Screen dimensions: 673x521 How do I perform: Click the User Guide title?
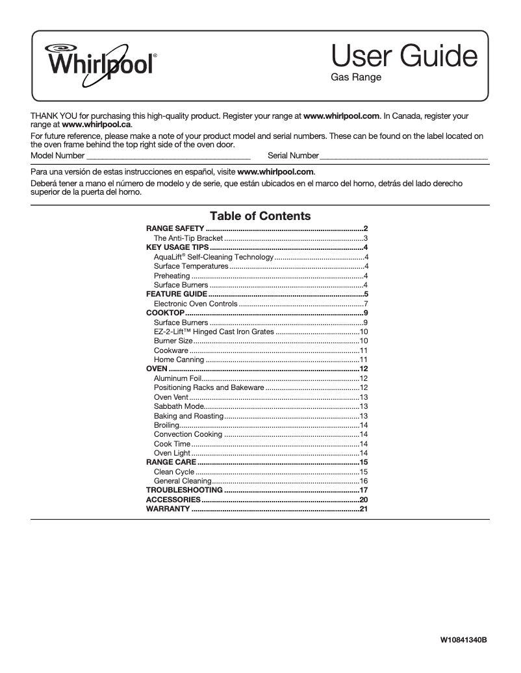click(x=404, y=57)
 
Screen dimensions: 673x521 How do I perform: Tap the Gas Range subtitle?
click(x=355, y=78)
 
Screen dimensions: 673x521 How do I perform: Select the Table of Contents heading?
click(x=260, y=216)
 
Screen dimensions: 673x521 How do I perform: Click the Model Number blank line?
click(x=168, y=156)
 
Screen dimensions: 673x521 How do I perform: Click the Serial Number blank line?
click(x=403, y=156)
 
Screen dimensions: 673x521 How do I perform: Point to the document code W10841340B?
click(x=463, y=640)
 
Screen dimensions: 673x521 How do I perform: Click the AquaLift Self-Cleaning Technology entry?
click(x=214, y=258)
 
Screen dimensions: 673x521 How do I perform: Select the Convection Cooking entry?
click(x=188, y=434)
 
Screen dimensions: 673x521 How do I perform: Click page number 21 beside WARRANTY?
click(x=364, y=509)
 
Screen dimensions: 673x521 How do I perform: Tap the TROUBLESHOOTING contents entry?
click(x=184, y=491)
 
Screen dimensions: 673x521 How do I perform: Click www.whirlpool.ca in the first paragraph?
click(x=96, y=124)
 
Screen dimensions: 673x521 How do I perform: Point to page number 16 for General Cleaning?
click(x=364, y=481)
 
